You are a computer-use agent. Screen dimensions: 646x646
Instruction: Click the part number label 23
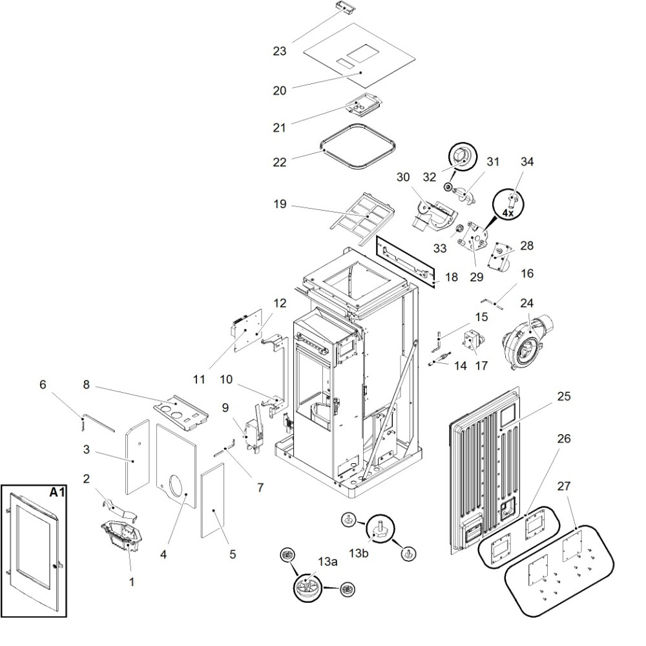click(x=279, y=50)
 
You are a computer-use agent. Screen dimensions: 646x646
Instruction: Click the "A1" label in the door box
click(x=56, y=492)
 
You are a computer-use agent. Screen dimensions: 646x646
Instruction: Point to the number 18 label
click(x=451, y=276)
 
